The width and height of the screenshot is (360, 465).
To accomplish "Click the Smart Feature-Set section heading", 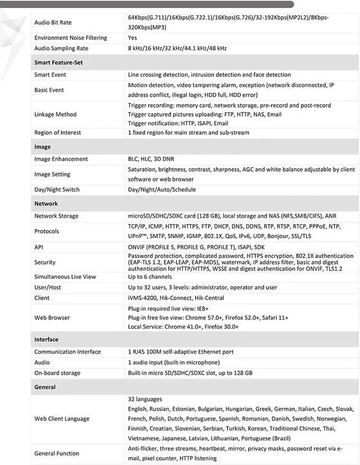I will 58,62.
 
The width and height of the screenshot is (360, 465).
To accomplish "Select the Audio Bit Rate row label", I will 53,23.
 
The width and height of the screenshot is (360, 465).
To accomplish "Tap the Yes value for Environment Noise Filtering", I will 132,38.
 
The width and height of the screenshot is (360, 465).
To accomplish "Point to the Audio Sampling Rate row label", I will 61,48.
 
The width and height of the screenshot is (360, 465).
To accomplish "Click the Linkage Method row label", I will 55,114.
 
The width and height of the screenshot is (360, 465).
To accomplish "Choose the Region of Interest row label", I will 57,132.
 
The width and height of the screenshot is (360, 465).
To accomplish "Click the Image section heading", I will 42,147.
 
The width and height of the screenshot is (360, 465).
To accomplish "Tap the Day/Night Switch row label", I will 57,190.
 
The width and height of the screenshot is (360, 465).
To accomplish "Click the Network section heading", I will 46,204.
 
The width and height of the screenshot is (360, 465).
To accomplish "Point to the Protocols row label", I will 47,231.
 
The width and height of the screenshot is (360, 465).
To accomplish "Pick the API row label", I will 39,247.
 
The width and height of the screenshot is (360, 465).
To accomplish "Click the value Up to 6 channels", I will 150,277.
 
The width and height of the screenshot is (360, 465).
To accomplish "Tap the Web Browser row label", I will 52,318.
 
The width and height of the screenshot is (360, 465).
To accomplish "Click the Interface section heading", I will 46,339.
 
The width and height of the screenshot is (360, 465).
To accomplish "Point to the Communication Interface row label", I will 67,352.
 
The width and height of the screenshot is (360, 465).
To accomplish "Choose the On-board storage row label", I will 57,373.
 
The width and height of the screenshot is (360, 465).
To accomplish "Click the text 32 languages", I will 145,399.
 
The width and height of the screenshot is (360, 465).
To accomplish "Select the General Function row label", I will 57,453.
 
